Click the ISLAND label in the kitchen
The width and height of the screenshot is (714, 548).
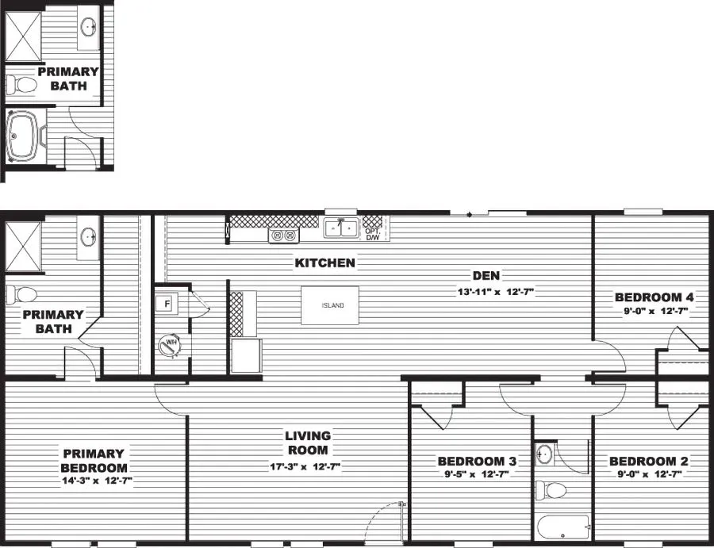click(x=332, y=306)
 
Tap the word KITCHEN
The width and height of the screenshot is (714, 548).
click(x=325, y=263)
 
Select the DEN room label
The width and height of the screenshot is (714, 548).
click(x=486, y=276)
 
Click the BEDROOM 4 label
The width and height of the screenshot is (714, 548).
click(x=654, y=297)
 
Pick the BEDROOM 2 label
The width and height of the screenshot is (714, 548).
click(x=648, y=461)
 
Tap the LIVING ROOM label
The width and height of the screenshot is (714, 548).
click(x=309, y=443)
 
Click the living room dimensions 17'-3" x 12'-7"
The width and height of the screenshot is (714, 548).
click(x=305, y=467)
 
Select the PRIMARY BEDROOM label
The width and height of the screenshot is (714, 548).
click(x=94, y=461)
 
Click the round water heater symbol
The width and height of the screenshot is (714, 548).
click(x=169, y=345)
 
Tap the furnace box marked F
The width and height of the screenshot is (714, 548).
click(x=167, y=303)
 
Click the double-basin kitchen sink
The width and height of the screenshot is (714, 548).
click(x=341, y=228)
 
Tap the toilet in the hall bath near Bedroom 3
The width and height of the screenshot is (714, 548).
click(x=550, y=489)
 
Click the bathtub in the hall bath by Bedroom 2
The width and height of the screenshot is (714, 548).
click(x=562, y=527)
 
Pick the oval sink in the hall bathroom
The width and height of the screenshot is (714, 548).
click(x=544, y=454)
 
